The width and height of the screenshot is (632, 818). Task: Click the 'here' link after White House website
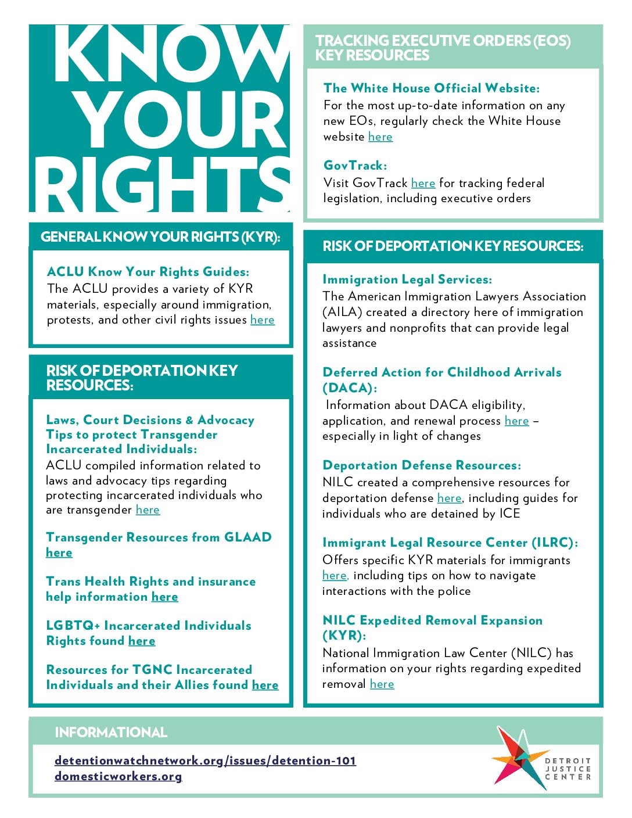pos(380,137)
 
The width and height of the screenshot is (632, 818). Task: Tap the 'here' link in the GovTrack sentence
pos(423,184)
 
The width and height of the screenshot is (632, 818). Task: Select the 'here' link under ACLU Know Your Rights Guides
pos(263,320)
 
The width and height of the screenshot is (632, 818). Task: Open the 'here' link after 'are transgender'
pos(148,510)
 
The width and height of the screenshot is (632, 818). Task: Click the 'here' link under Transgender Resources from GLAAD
pos(59,553)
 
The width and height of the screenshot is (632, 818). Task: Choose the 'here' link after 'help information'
pos(165,597)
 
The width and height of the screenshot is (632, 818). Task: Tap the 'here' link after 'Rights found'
pos(142,641)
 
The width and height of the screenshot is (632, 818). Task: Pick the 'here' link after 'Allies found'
pos(265,686)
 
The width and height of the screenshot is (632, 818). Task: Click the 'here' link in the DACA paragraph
pos(516,421)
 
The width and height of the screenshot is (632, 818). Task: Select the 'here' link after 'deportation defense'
pos(449,498)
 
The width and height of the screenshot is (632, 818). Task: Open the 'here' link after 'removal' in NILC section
pos(382,684)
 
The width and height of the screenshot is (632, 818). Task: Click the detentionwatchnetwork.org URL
pos(205,760)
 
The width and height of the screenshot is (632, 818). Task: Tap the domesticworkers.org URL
pos(118,776)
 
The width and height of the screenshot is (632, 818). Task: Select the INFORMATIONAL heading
pos(111,733)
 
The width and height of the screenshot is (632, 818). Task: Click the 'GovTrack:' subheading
pos(355,166)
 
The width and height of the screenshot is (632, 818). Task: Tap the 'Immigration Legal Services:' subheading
pos(407,279)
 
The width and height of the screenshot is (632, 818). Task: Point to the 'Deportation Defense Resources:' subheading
pos(422,465)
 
